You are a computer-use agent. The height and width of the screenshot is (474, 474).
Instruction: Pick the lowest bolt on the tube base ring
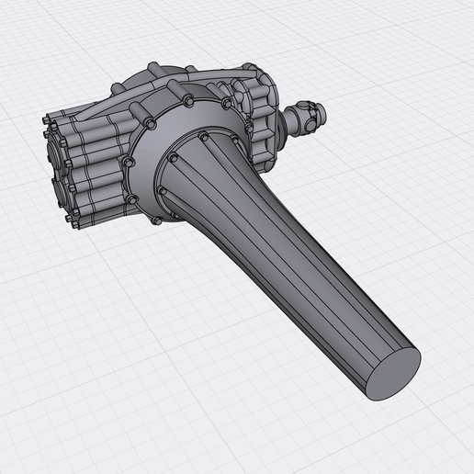click(164, 191)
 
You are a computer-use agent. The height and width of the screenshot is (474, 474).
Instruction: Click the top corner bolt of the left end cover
click(46, 119)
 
